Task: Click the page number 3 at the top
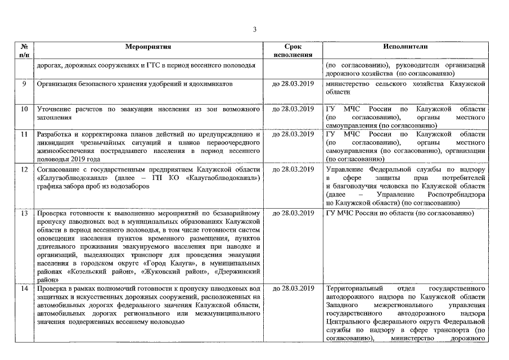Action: click(x=254, y=29)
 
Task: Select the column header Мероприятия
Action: click(x=148, y=47)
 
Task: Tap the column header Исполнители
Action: click(x=405, y=47)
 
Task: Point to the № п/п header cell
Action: click(x=24, y=51)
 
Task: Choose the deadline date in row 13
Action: click(x=292, y=213)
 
